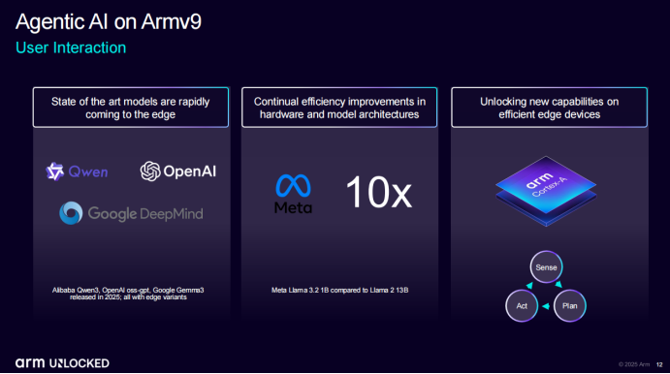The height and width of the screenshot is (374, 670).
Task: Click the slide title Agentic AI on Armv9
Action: pos(108,22)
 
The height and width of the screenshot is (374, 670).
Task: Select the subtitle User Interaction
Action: pos(71,47)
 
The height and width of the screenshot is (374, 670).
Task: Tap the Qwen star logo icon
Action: pos(55,171)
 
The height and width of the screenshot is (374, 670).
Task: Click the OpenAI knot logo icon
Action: pos(150,171)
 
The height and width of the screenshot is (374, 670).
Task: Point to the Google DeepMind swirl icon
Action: pos(71,213)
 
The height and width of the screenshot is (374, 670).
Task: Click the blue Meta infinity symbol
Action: pos(293,186)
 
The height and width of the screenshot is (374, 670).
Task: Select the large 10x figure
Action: pos(378,193)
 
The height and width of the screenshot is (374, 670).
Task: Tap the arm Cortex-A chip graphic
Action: pos(546,191)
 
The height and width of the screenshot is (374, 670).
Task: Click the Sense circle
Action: pos(546,267)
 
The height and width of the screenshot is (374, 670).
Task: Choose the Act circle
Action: pos(522,305)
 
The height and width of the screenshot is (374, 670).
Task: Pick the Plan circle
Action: pos(570,305)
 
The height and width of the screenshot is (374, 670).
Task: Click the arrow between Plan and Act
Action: pos(546,306)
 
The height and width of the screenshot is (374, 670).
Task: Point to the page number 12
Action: pos(659,364)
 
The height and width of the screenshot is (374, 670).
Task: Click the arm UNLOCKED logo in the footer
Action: pos(62,363)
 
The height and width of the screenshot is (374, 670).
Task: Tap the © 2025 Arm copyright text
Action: pos(634,364)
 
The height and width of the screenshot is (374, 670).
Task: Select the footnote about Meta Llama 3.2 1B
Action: pos(339,291)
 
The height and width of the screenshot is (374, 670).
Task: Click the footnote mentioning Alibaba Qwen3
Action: pos(128,294)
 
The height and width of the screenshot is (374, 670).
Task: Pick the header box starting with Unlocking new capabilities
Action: pos(550,108)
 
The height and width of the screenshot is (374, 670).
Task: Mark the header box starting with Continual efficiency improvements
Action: pos(339,108)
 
